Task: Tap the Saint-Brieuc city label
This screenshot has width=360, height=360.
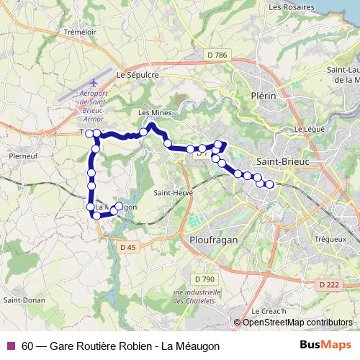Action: pos(284,162)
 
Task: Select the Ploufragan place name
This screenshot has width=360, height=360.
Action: pos(209,238)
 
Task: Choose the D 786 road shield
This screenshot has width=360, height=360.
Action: pos(215,54)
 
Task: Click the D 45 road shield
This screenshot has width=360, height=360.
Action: pos(127,247)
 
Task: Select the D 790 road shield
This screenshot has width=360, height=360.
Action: pos(205,279)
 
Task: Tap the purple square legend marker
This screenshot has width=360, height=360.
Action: pos(10,346)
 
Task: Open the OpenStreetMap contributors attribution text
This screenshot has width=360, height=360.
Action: pos(297,323)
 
